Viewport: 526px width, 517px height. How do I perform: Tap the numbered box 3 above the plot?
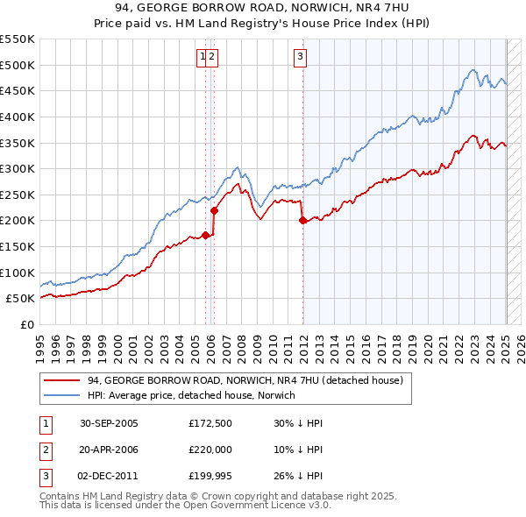(x=300, y=58)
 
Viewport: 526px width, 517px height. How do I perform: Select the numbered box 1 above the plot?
(x=203, y=58)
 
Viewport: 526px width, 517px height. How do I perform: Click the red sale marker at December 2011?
(x=302, y=221)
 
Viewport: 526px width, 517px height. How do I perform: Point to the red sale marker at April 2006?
(x=214, y=210)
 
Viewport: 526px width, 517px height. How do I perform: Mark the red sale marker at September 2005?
(x=206, y=235)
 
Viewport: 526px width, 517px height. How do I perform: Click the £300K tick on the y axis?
(x=17, y=168)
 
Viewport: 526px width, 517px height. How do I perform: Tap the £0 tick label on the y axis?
(x=28, y=324)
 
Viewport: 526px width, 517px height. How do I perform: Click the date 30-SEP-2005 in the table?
(x=109, y=423)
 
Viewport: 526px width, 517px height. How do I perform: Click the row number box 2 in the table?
(x=46, y=450)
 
